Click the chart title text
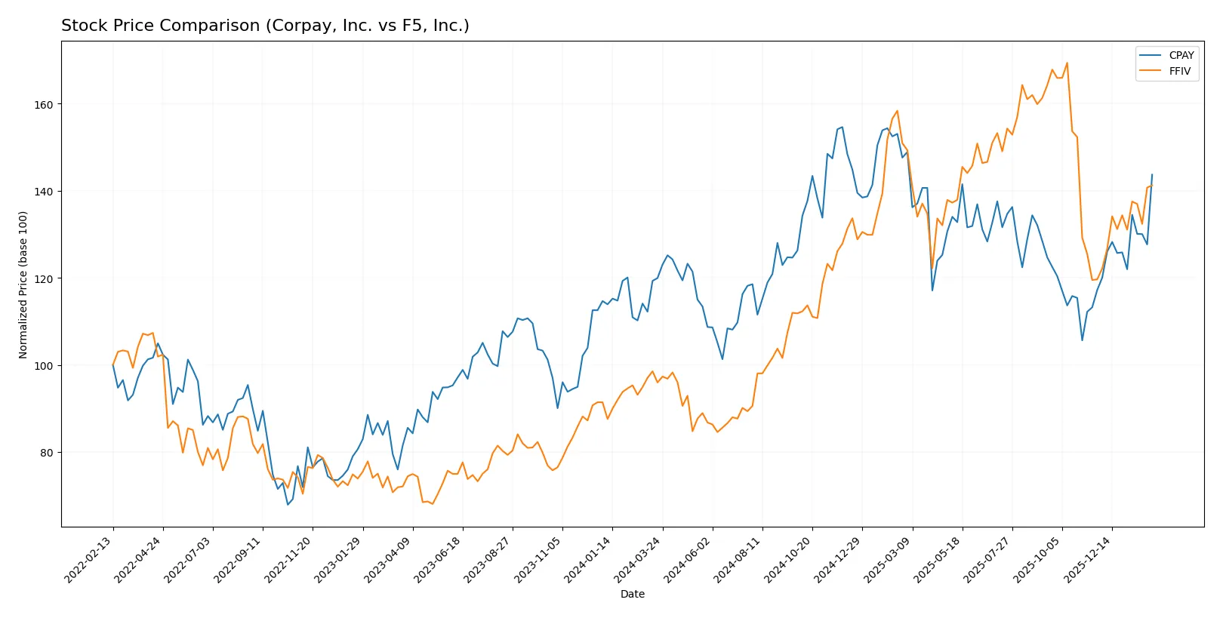pos(265,26)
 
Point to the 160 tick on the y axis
pos(45,105)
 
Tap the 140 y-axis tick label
pos(45,192)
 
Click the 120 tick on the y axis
pos(45,279)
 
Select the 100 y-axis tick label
pos(45,366)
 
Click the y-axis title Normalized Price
pos(23,284)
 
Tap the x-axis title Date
pos(632,594)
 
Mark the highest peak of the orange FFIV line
pos(1067,63)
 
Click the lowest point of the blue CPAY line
pos(288,504)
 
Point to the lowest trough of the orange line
pos(433,504)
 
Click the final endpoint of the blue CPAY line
pos(1152,174)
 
